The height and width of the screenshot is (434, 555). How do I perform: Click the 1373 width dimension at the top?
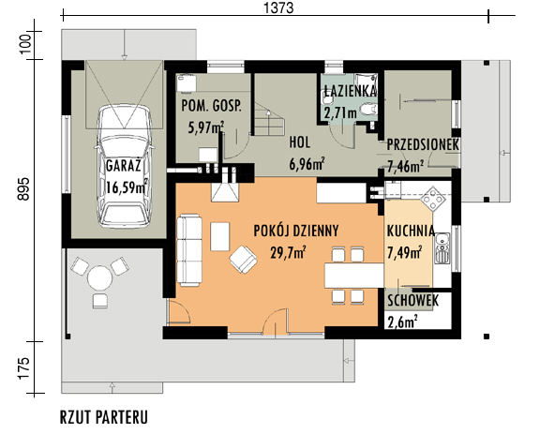click(x=278, y=7)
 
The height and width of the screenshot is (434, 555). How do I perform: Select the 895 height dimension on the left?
click(x=24, y=189)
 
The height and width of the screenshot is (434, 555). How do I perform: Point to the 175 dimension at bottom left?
click(x=24, y=368)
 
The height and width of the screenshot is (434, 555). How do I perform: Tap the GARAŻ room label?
click(x=123, y=166)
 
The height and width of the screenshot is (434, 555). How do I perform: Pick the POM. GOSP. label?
click(x=211, y=106)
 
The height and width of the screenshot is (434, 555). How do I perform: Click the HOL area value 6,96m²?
click(x=307, y=164)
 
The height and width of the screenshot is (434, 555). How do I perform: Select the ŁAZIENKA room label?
click(x=350, y=91)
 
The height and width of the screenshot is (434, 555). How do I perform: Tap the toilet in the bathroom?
click(x=368, y=110)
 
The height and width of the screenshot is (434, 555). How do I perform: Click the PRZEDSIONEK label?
click(x=423, y=144)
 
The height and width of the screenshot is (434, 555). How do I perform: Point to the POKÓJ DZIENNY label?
click(x=296, y=231)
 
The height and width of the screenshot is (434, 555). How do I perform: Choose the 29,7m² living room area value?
click(x=288, y=253)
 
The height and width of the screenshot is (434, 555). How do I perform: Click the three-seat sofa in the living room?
click(x=189, y=250)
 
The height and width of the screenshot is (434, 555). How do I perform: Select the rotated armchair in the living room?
click(x=243, y=260)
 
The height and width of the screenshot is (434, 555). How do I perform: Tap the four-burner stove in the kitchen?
click(x=433, y=198)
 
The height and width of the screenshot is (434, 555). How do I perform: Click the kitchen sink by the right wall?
click(x=442, y=248)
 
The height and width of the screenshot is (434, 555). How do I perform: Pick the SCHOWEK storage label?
click(x=412, y=301)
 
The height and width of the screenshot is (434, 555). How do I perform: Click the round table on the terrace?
click(x=99, y=278)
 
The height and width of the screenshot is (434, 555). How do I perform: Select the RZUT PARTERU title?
click(x=104, y=417)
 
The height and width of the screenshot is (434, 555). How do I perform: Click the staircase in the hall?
click(x=269, y=119)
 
